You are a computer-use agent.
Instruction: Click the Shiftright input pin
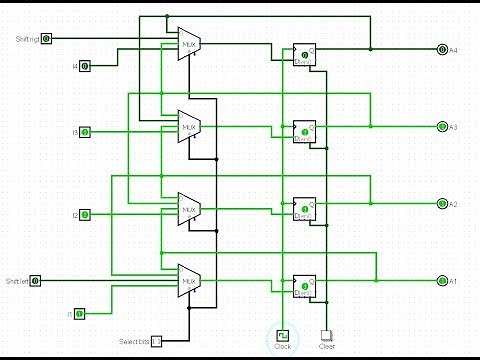46,38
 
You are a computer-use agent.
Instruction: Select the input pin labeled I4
84,66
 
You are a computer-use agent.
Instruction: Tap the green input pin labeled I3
85,132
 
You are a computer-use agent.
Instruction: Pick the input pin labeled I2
85,215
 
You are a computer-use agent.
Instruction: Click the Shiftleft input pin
36,281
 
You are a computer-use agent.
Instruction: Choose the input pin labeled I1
80,314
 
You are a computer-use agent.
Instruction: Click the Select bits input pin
155,341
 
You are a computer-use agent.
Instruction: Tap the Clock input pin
283,335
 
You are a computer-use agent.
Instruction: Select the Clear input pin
325,335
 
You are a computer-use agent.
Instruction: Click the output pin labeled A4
443,49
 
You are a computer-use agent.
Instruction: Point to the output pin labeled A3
443,126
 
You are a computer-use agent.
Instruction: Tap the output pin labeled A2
443,204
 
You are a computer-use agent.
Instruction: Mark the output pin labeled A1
443,281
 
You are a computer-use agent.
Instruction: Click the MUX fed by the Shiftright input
189,44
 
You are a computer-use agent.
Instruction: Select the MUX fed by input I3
189,126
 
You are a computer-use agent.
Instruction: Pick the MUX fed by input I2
189,209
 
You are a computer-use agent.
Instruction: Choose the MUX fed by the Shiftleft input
189,281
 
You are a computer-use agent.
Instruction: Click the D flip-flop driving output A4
304,56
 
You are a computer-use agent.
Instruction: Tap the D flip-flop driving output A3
304,133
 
